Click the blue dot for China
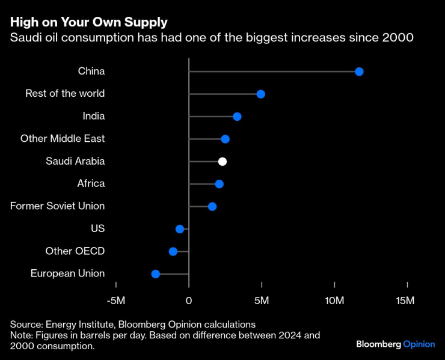coord(359,72)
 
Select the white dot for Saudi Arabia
coord(222,161)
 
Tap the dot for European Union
coord(156,274)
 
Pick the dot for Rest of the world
coord(260,94)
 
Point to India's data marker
coord(237,117)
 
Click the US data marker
coord(180,229)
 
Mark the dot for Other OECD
coord(173,251)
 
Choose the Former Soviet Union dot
coord(212,206)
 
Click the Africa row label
coord(91,183)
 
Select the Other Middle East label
coord(63,138)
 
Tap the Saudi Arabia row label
coord(75,161)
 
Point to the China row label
coord(91,71)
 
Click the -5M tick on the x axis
coord(116,300)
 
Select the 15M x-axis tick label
coord(406,300)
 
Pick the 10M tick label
coord(334,300)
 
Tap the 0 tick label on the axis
coord(189,300)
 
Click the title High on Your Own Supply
coord(88,23)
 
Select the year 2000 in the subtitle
coord(398,38)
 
